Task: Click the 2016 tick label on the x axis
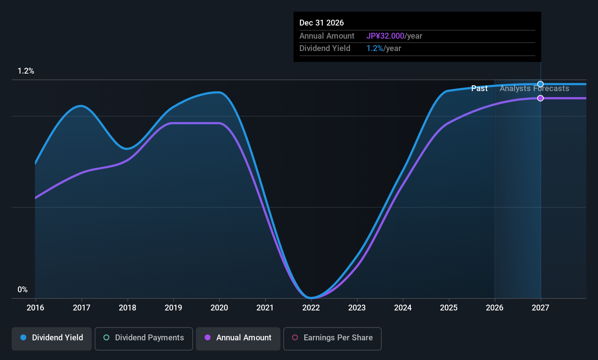35,308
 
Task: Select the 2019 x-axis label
173,308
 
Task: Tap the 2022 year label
311,308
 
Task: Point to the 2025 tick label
449,308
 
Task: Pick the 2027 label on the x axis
540,308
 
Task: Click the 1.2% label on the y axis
26,71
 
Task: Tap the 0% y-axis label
23,290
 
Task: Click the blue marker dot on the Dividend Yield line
540,84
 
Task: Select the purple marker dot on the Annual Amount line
540,98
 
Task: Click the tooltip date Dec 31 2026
322,23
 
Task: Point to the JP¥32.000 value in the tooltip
385,36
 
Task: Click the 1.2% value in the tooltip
374,48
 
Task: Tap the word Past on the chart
480,89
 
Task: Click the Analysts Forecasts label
535,89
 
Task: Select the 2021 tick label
265,308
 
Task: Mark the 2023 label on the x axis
357,308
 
